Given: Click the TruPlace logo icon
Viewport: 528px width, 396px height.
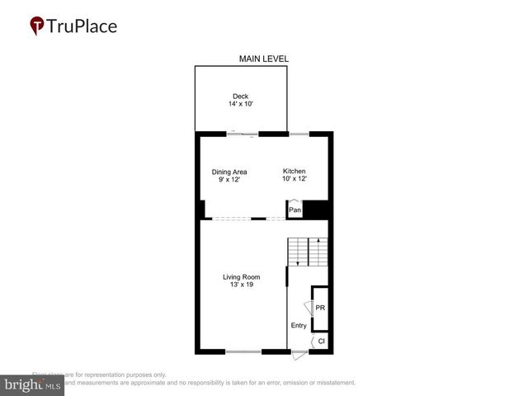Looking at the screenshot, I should coord(36,26).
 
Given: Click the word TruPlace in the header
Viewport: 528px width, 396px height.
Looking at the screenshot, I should coord(82,26).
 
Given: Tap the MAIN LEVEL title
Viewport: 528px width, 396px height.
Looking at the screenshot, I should coord(263,59).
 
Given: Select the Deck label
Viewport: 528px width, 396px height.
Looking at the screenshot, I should coord(240,97).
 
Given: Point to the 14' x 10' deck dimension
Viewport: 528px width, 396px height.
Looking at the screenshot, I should coord(240,105).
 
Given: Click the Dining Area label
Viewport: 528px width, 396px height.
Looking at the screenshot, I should coord(229,172).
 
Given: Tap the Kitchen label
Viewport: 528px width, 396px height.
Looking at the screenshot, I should coord(295,171).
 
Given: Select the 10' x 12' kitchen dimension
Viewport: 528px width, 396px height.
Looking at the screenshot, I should coord(295,179).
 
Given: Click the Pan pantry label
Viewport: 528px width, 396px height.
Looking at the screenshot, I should coord(295,210).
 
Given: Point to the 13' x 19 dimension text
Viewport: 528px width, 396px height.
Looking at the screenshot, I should coord(240,285).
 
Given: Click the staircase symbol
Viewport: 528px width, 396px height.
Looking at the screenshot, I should coord(307,251).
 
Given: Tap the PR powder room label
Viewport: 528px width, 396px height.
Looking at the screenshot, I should coord(321,308).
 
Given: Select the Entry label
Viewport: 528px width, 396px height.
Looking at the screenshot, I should coord(299,325).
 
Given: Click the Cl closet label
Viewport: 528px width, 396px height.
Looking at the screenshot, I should coord(322,341).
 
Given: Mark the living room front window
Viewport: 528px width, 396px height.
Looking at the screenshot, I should coord(243,352).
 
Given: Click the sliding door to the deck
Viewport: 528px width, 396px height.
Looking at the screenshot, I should coord(245,132).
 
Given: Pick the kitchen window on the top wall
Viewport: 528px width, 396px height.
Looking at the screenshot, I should coord(298,132).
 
